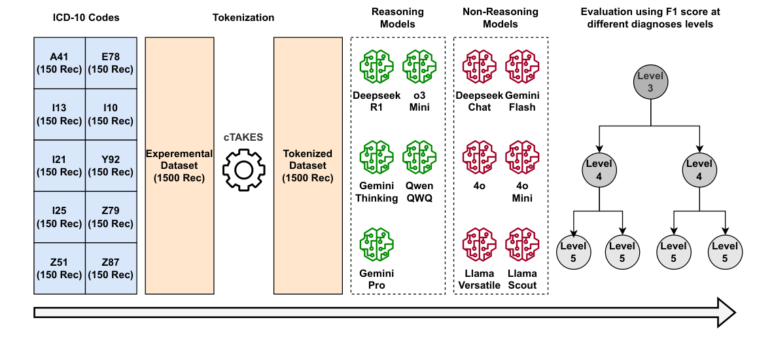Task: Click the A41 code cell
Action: tap(60, 63)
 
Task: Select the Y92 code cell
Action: tap(111, 166)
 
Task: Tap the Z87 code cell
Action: tap(111, 268)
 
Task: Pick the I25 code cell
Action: tap(60, 217)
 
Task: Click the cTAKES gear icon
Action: tap(244, 170)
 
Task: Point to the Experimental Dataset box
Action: tap(180, 166)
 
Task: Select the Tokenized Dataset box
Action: tap(308, 166)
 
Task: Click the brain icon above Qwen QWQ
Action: tap(419, 158)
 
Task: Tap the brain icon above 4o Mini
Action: tap(522, 158)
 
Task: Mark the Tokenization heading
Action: tap(243, 18)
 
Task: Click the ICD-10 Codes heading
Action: tap(86, 18)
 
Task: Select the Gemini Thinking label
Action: tap(377, 192)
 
